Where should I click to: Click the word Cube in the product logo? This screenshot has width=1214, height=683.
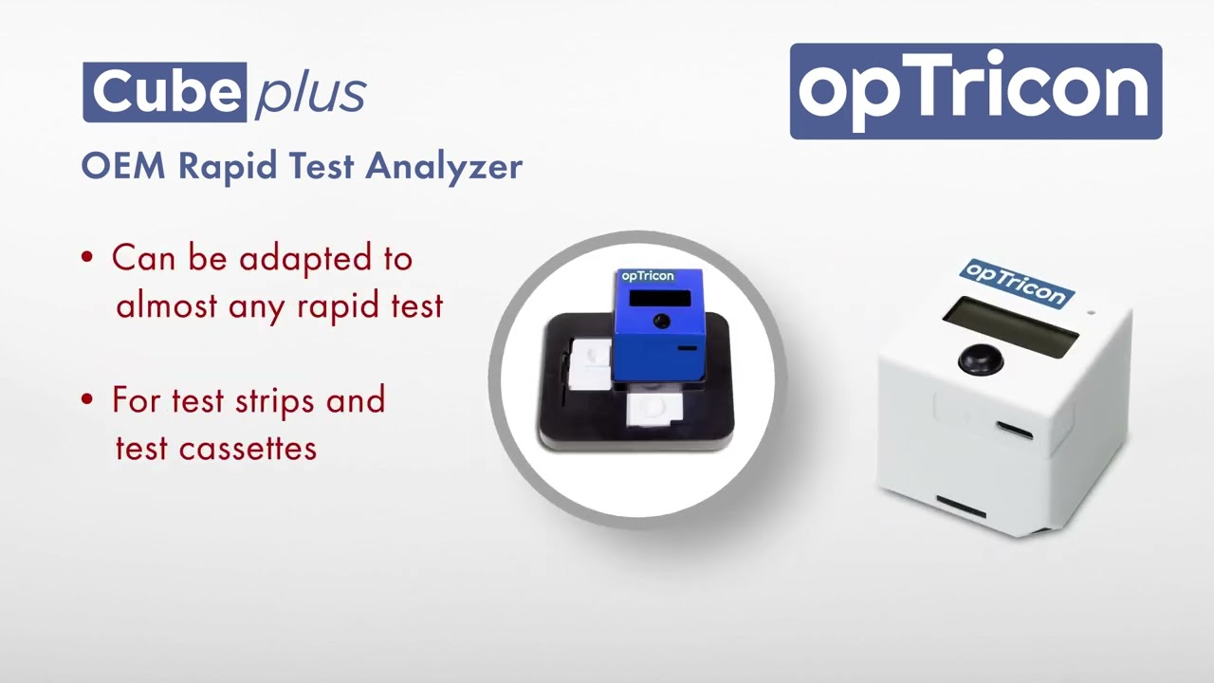(x=164, y=92)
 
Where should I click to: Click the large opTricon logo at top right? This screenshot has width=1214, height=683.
(x=975, y=91)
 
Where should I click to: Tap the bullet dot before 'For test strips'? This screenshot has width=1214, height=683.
(x=88, y=400)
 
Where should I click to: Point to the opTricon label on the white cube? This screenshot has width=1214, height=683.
(x=1015, y=283)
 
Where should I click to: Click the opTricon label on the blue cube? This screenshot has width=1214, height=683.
(x=647, y=276)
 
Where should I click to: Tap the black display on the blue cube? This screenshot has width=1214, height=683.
(x=659, y=298)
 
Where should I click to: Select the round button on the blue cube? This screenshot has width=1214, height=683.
(x=661, y=322)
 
